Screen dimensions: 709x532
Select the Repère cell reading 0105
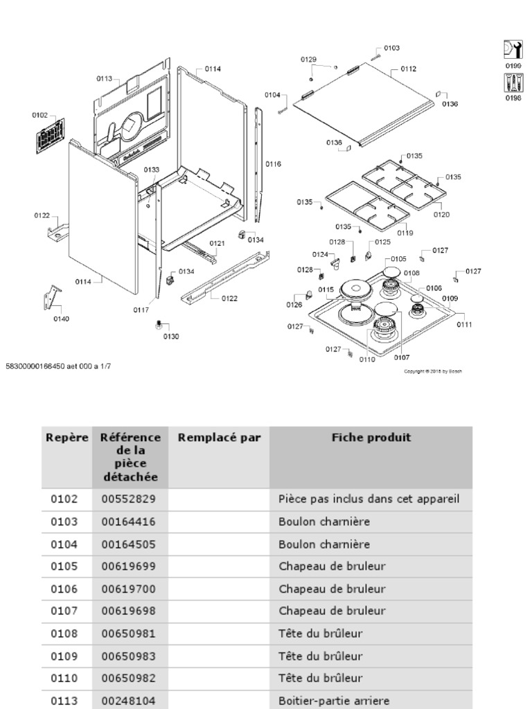coord(64,566)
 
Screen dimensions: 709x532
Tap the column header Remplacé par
coord(219,438)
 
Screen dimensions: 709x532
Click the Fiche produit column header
coord(371,438)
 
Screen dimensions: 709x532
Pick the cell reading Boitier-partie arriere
coord(332,700)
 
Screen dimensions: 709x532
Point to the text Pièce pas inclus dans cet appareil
coord(369,499)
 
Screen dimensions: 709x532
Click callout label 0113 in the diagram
coord(104,79)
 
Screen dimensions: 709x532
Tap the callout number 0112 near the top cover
coord(408,69)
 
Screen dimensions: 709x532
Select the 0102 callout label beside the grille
coord(39,115)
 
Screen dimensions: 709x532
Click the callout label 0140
coord(61,319)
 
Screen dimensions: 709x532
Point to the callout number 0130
coord(170,336)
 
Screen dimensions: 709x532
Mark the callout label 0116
coord(273,164)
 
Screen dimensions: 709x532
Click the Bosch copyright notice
coord(432,371)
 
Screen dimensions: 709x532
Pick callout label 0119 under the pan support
coord(405,233)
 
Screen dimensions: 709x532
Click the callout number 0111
coord(464,325)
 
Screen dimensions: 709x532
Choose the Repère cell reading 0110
coord(64,678)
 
